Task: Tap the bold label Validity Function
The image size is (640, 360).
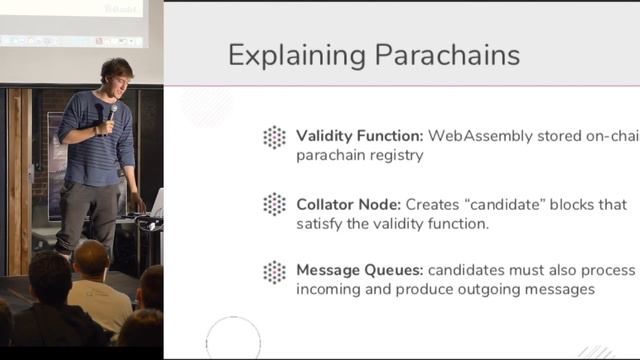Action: click(x=355, y=136)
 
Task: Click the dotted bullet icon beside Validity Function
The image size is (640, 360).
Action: click(x=274, y=138)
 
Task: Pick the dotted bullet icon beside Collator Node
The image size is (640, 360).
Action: click(x=274, y=205)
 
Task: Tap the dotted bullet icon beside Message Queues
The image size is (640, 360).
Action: click(x=274, y=272)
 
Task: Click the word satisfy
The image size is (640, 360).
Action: click(x=323, y=223)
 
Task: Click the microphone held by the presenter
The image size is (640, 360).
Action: click(x=111, y=115)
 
